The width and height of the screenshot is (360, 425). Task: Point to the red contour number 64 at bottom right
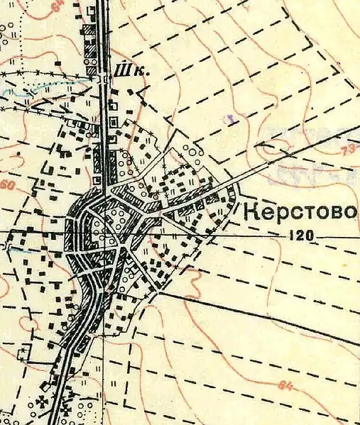tap(285, 385)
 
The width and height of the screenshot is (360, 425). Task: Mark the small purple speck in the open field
tap(229, 120)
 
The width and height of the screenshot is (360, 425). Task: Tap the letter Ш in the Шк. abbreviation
tap(119, 70)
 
